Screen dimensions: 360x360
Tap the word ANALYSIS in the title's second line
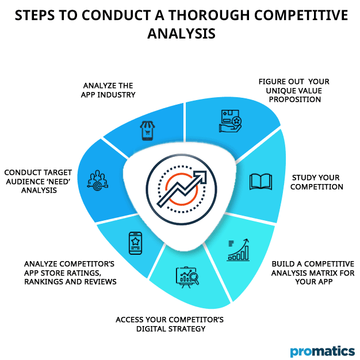[x=180, y=35]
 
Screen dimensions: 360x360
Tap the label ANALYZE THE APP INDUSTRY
[x=109, y=90]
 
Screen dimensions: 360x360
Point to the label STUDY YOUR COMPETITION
[x=317, y=182]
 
